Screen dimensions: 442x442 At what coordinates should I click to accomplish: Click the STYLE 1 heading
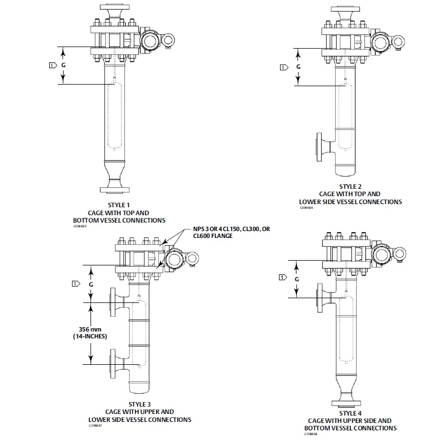point(119,205)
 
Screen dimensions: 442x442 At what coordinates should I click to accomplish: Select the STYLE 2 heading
point(350,187)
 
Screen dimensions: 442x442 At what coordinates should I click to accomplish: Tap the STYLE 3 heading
point(140,404)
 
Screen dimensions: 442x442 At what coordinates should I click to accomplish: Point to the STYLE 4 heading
point(350,413)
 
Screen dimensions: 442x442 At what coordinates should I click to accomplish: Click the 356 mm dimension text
point(90,329)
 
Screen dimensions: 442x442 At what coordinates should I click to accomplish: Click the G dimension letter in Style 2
point(298,67)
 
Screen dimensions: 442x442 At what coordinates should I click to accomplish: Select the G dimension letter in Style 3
point(91,284)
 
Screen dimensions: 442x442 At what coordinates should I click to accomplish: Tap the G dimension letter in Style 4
point(297,279)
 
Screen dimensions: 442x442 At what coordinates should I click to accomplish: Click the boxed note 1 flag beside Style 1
point(52,65)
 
